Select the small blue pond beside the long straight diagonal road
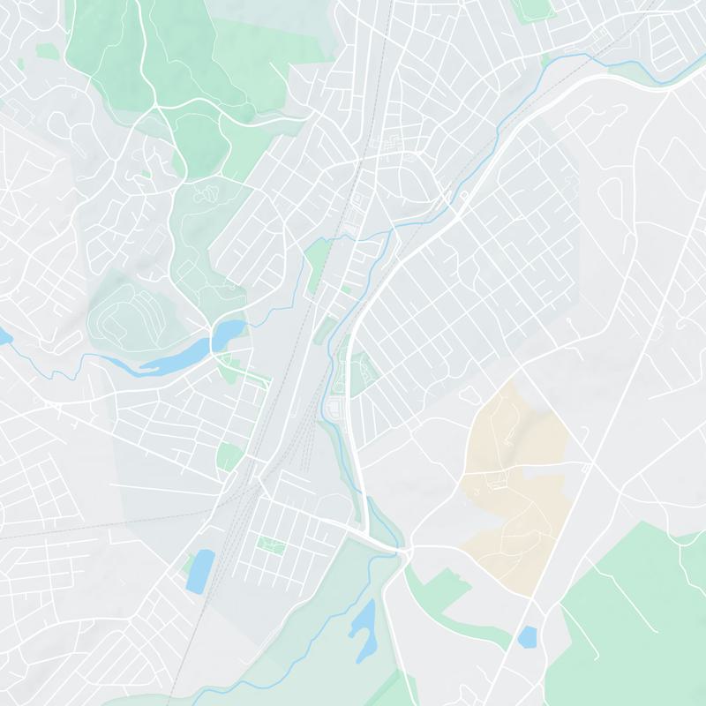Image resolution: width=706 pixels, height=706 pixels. tap(528, 636)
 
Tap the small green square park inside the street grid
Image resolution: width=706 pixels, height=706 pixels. tap(267, 542)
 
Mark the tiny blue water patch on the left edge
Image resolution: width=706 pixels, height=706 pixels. tap(4, 336)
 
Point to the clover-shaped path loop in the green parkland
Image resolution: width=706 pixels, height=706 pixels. tap(208, 190)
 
